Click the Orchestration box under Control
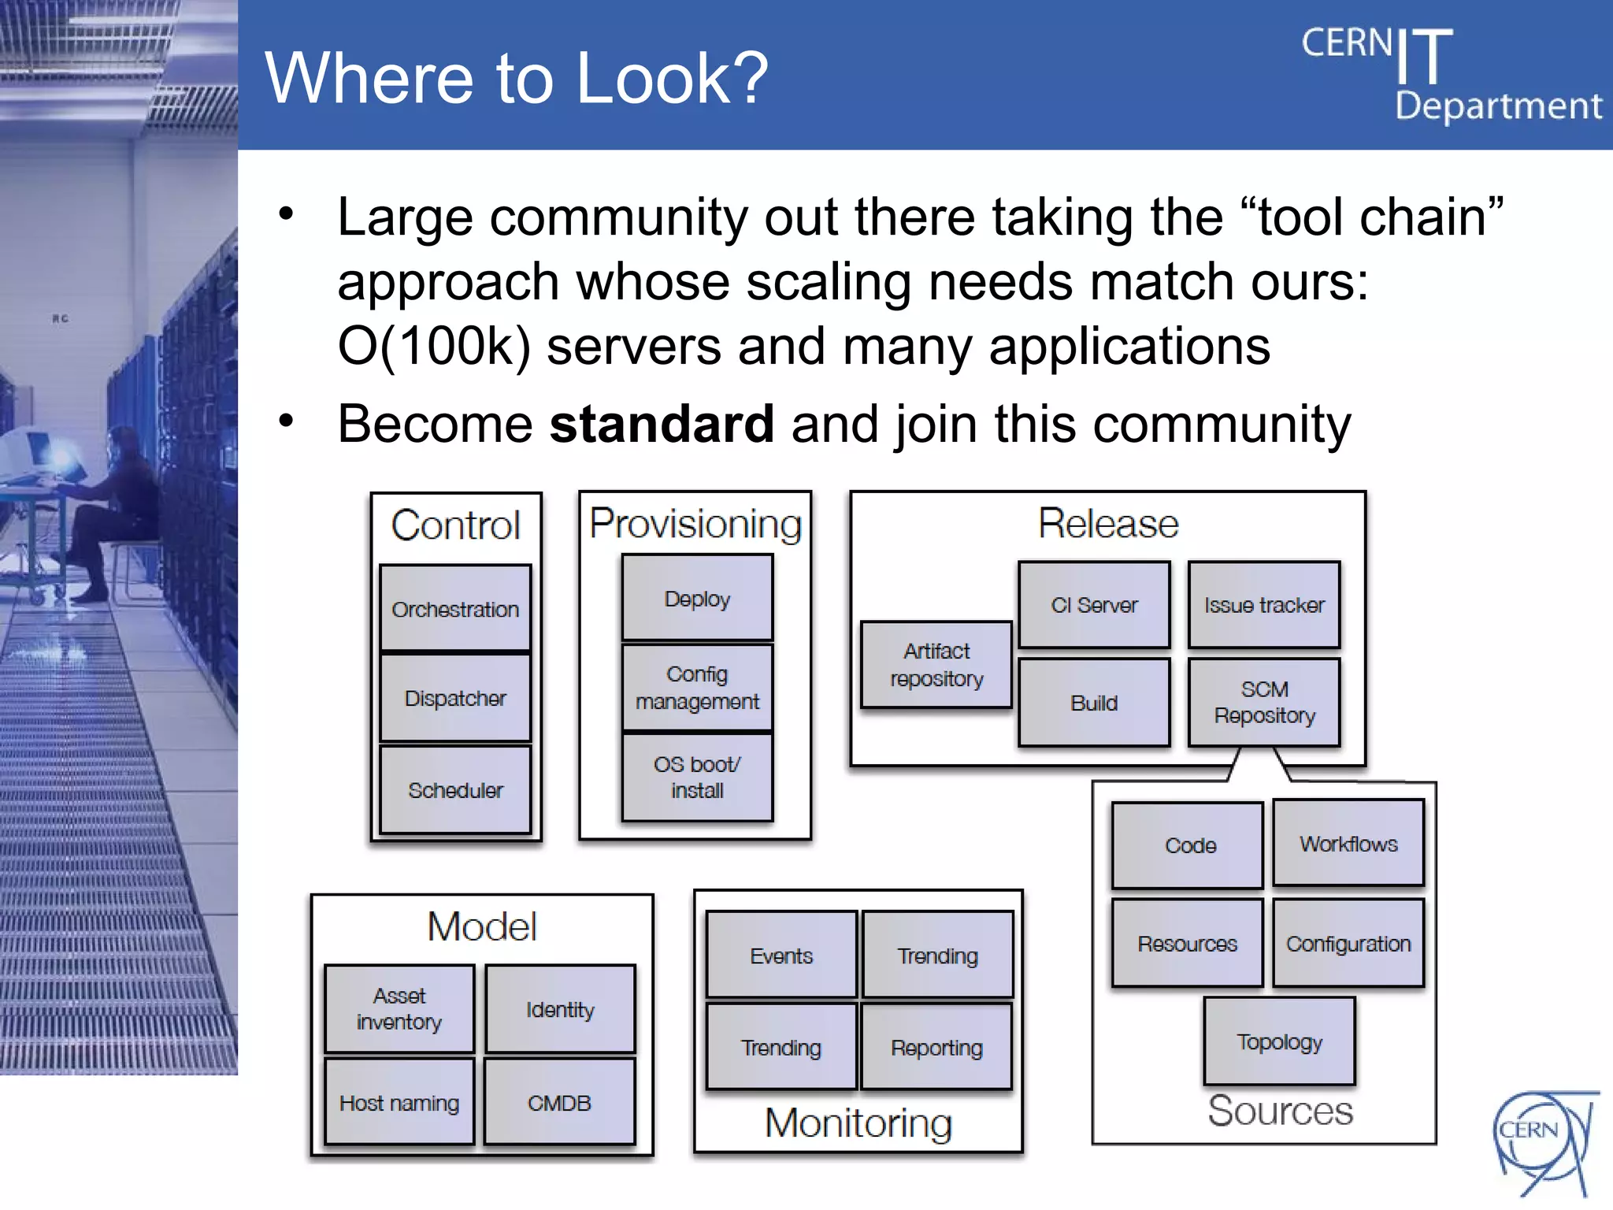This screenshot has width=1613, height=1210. (455, 608)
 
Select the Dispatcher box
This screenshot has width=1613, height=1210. (455, 698)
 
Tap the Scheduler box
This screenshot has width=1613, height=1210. (455, 789)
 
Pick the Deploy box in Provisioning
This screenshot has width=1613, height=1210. (697, 598)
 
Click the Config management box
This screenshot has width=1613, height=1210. (697, 688)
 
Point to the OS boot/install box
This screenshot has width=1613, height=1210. (697, 778)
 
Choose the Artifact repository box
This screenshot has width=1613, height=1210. (936, 665)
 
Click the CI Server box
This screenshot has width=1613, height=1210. (1094, 605)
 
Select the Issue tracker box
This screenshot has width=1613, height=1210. (1264, 605)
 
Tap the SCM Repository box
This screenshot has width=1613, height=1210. (1264, 702)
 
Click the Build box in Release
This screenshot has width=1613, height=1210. (1094, 703)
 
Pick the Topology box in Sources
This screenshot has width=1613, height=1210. (1279, 1041)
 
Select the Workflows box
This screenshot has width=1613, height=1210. (1348, 844)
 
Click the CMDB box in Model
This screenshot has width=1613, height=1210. (559, 1102)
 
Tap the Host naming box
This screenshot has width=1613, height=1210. (399, 1102)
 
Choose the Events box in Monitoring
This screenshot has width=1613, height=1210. (781, 956)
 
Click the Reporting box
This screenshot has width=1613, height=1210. (936, 1047)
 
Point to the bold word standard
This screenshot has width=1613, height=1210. (662, 424)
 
